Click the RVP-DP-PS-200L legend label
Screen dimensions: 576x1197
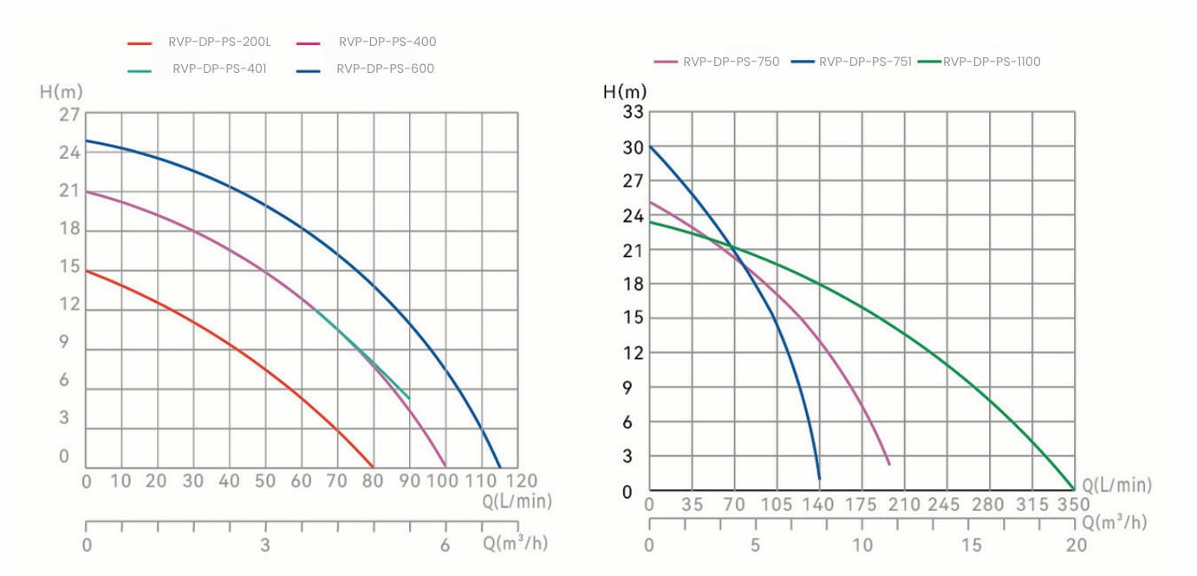click(x=220, y=42)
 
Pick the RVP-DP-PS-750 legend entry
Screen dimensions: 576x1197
click(x=731, y=62)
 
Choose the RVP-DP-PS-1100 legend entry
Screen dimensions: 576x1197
click(x=992, y=62)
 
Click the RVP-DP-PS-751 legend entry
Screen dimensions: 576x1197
click(x=865, y=62)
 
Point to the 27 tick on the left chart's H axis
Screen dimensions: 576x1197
click(x=69, y=115)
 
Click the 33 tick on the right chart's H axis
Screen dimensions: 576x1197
click(x=634, y=111)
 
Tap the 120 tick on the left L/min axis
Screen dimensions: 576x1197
click(x=521, y=481)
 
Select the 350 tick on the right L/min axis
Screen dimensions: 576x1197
click(x=1073, y=505)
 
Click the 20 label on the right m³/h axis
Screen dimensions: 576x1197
click(x=1076, y=545)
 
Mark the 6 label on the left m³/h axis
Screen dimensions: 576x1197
click(x=446, y=545)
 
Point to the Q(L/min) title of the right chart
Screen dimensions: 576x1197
click(x=1117, y=486)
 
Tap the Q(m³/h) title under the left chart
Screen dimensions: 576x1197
click(x=516, y=544)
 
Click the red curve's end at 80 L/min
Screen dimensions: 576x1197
click(x=373, y=467)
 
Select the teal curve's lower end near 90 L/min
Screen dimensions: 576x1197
click(x=409, y=399)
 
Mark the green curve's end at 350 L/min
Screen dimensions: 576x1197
click(x=1074, y=489)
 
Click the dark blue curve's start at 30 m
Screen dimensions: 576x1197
click(x=650, y=146)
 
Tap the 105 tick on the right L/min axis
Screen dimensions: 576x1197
click(x=776, y=505)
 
